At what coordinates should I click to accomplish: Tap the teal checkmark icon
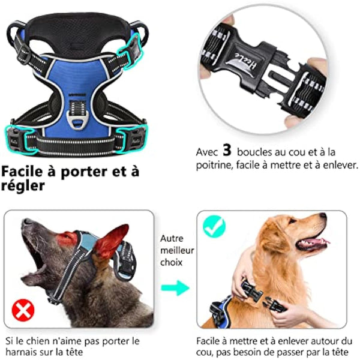pos(214,226)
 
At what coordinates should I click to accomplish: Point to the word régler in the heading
pos(22,187)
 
